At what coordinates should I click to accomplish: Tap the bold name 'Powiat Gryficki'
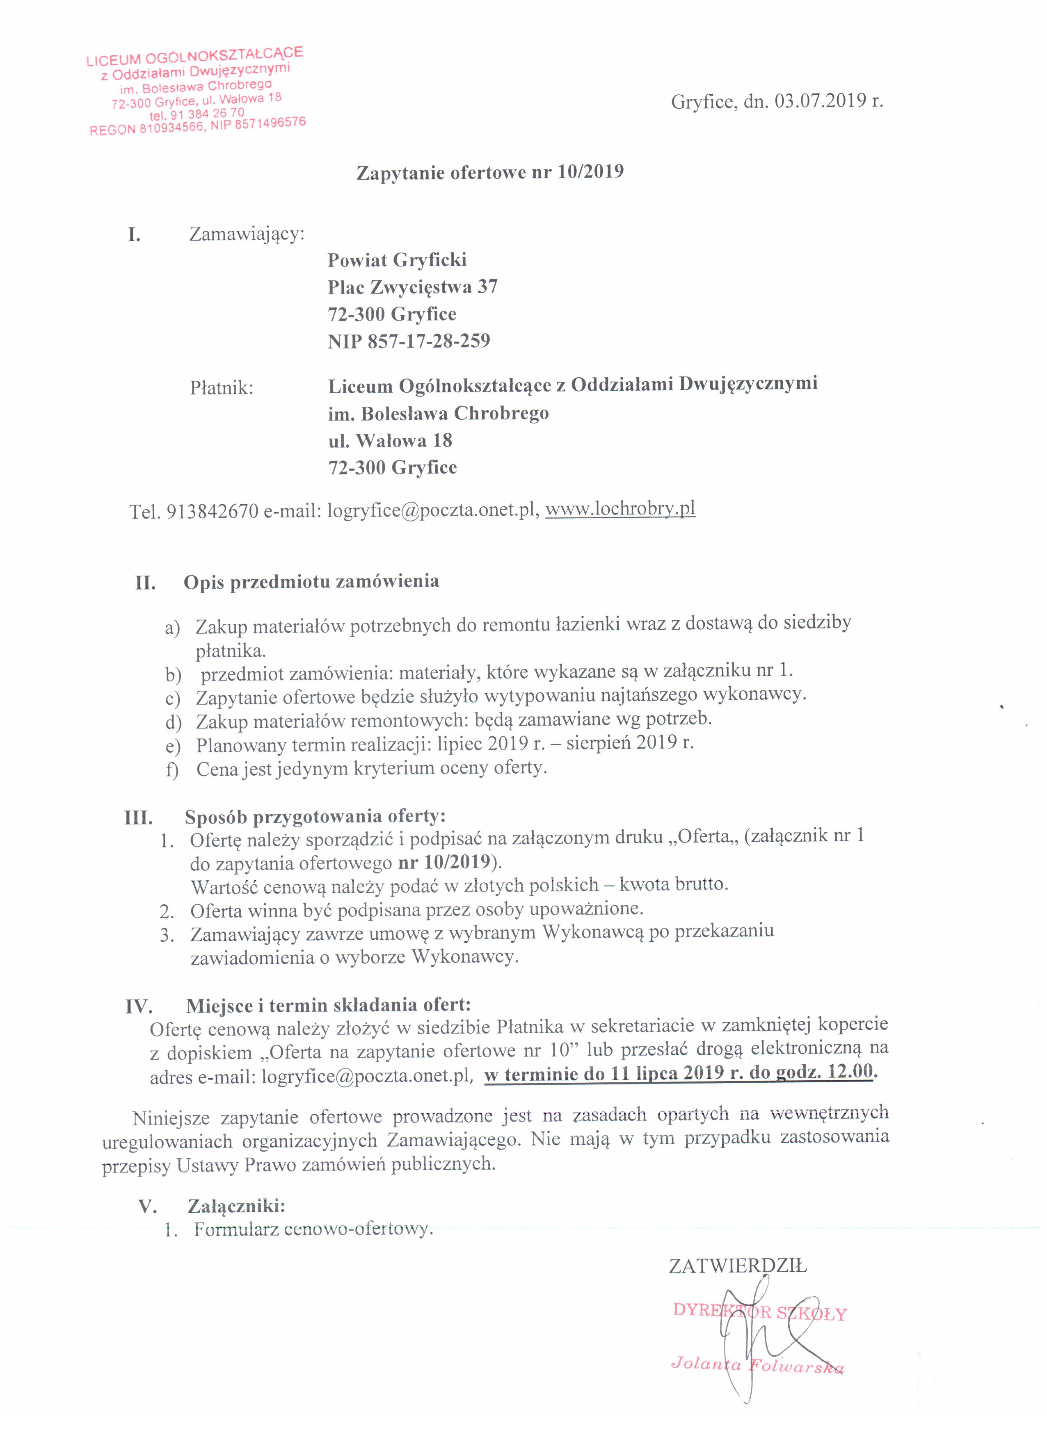(x=397, y=260)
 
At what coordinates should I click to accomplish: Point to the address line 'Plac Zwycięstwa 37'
(x=412, y=287)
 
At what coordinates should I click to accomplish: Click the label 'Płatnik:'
(x=222, y=388)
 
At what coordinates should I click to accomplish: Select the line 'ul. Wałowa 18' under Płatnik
(x=390, y=440)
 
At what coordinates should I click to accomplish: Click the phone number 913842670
(x=212, y=511)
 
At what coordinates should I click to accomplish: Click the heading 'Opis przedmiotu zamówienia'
(x=311, y=581)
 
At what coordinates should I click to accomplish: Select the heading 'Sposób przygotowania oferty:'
(x=315, y=817)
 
